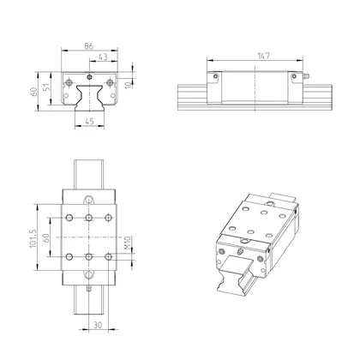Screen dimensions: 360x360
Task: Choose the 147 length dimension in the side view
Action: pyautogui.click(x=255, y=56)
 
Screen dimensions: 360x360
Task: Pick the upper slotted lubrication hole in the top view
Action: pyautogui.click(x=90, y=198)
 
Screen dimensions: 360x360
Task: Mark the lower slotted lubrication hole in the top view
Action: pyautogui.click(x=90, y=275)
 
